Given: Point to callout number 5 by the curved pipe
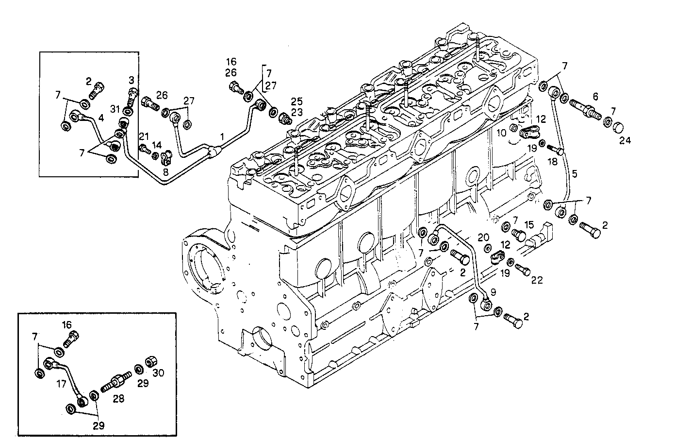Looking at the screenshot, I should (x=575, y=173).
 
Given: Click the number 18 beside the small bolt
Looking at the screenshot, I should (x=553, y=162).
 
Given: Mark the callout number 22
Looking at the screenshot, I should (x=536, y=280).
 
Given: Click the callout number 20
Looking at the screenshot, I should (x=483, y=237).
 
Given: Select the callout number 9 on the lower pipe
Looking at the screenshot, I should (x=493, y=292).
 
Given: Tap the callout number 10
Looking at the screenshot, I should (x=501, y=132).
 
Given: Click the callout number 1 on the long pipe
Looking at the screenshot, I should (x=221, y=137).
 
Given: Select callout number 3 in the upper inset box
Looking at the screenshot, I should (x=131, y=79).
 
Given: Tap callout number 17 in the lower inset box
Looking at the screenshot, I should (x=61, y=383).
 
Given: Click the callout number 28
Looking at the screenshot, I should (x=118, y=398).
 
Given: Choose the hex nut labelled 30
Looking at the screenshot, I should (x=150, y=362).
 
